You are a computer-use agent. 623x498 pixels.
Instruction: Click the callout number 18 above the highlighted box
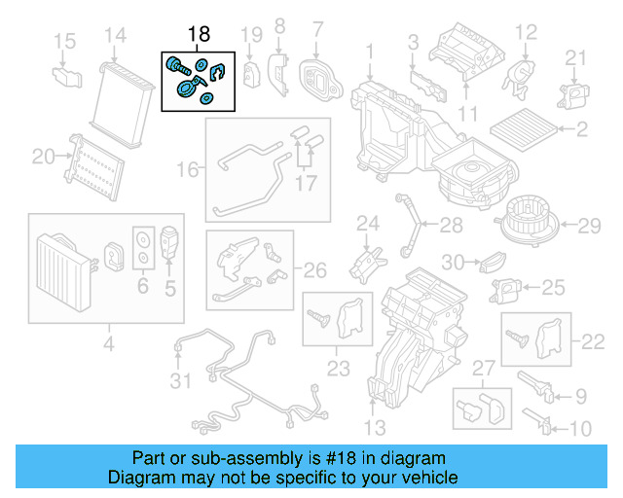point(199,35)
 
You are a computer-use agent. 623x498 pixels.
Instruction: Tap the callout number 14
point(116,36)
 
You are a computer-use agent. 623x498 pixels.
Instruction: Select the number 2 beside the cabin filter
point(581,128)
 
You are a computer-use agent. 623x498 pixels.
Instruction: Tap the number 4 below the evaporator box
point(108,343)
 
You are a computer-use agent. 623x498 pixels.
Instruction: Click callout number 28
point(451,227)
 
